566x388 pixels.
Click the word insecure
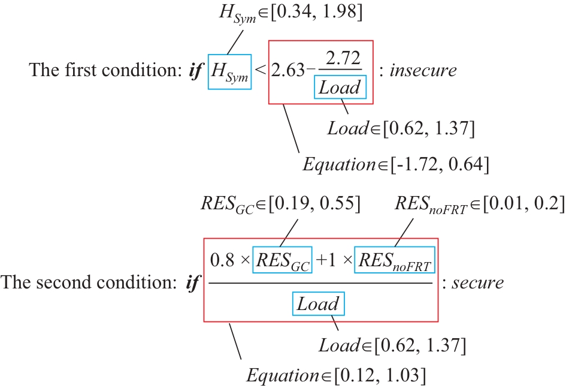coord(423,70)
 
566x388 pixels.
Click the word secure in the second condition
coord(477,282)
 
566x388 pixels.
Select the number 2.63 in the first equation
coord(287,70)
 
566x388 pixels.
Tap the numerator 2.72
coord(343,58)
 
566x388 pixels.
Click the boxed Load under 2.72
coord(340,87)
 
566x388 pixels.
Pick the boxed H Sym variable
coord(229,71)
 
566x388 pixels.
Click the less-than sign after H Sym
coord(261,70)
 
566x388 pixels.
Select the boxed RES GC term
coord(282,260)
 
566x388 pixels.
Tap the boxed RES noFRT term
coord(395,260)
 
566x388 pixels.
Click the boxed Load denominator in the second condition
coord(318,304)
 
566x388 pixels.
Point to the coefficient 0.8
coord(222,260)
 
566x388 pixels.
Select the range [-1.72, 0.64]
coord(440,164)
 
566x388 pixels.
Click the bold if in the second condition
coord(192,283)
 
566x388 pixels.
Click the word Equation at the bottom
coord(283,375)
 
